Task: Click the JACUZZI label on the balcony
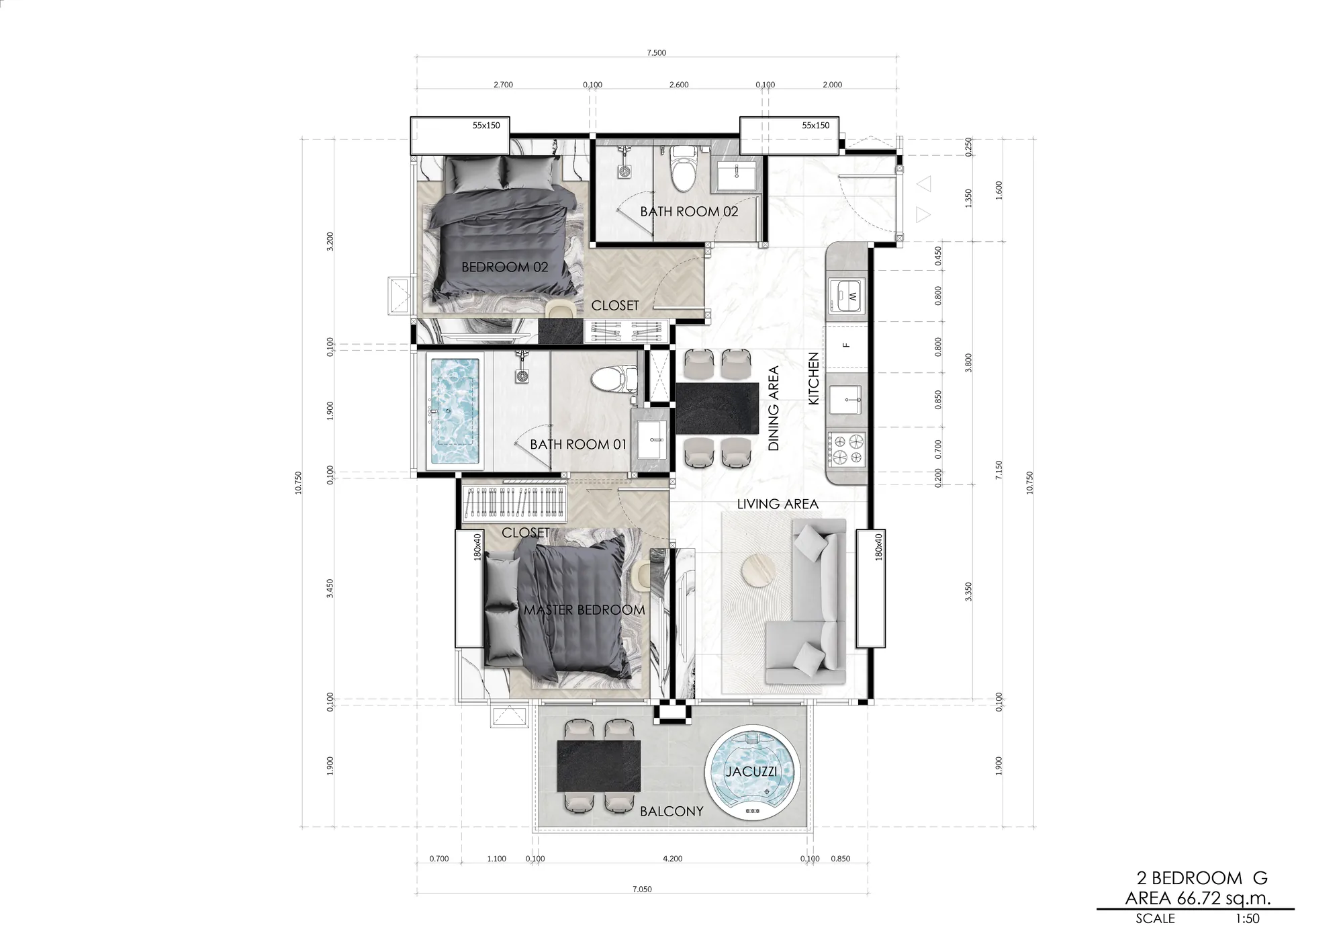(x=751, y=771)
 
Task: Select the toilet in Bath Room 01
(x=614, y=378)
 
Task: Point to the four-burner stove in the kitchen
(x=847, y=449)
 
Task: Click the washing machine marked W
(x=848, y=296)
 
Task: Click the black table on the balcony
(x=599, y=766)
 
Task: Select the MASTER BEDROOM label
(x=584, y=610)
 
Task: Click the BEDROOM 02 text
(x=505, y=267)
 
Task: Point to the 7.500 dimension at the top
(x=657, y=52)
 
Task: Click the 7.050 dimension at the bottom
(x=642, y=890)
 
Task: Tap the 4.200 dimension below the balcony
(x=672, y=859)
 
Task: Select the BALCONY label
(x=671, y=812)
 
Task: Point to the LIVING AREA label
(x=778, y=504)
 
